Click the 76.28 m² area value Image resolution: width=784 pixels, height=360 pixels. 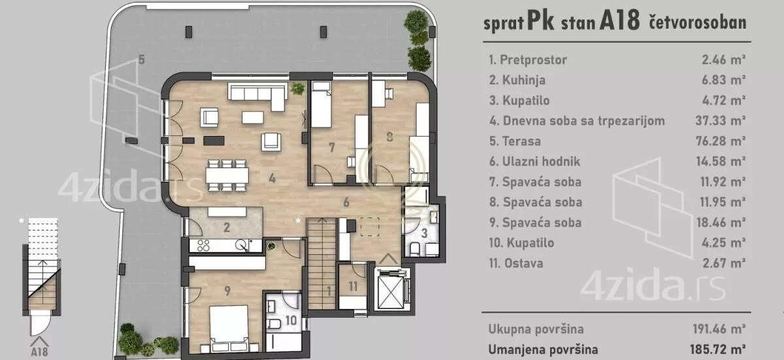(x=721, y=142)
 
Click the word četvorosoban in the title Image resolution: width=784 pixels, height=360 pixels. (x=698, y=24)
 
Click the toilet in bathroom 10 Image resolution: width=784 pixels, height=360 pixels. (x=275, y=325)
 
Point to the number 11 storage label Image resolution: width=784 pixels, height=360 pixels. (x=353, y=286)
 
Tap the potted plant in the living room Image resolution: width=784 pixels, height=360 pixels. (x=298, y=88)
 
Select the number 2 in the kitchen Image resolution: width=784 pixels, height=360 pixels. (x=226, y=228)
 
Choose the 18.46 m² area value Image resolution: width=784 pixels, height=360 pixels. (x=721, y=223)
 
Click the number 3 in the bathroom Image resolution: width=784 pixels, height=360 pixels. (x=423, y=233)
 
